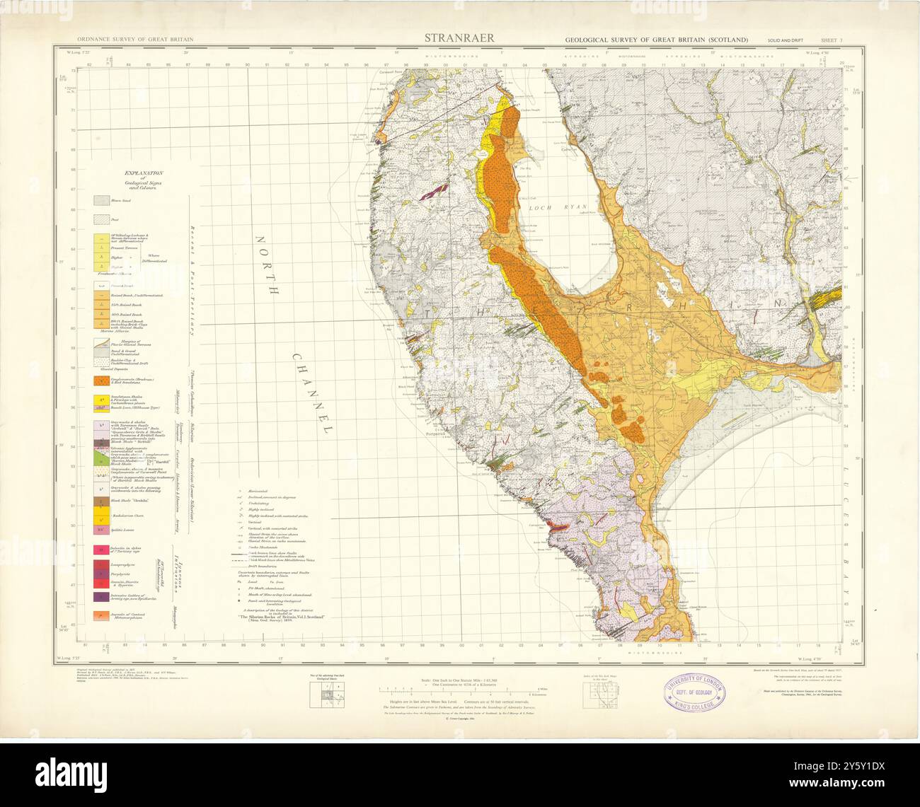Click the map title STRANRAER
pyautogui.click(x=459, y=37)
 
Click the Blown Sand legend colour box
pyautogui.click(x=103, y=201)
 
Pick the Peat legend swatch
pyautogui.click(x=103, y=221)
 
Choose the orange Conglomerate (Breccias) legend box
pyautogui.click(x=103, y=380)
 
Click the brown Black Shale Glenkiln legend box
pyautogui.click(x=103, y=501)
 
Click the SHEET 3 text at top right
pyautogui.click(x=830, y=40)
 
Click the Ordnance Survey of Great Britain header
pyautogui.click(x=136, y=40)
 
